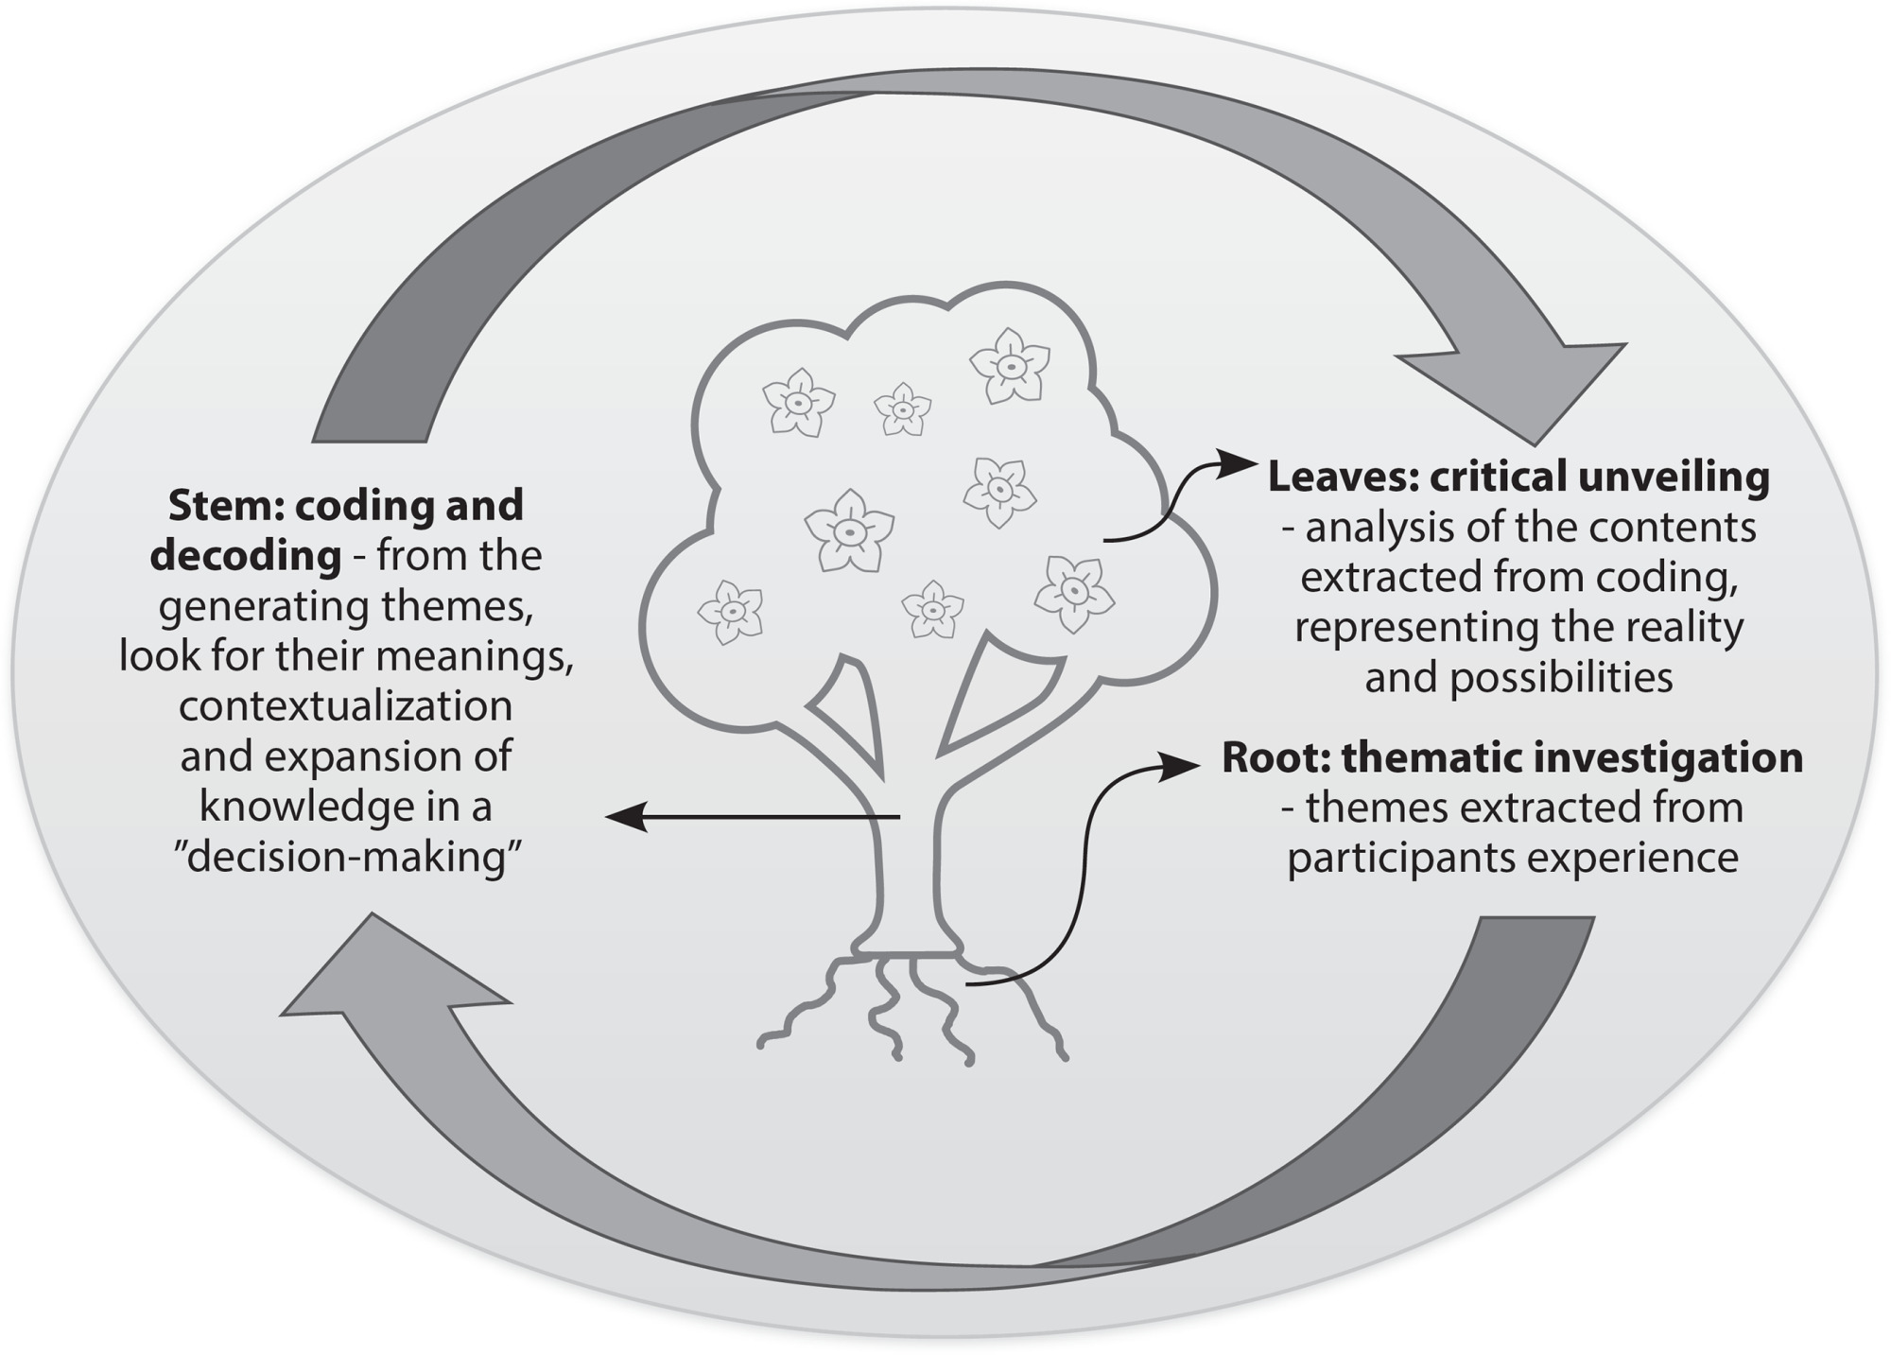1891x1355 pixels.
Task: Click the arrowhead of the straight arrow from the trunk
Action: click(626, 816)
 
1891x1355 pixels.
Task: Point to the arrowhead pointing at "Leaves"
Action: click(1239, 464)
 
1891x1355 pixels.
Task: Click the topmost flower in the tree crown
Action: click(1010, 365)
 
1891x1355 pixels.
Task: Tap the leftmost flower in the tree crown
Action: click(731, 612)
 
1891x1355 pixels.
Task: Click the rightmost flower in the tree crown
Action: click(1074, 593)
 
